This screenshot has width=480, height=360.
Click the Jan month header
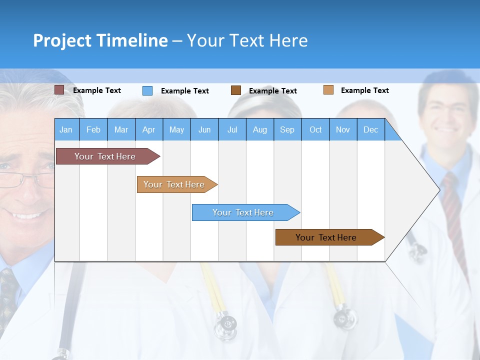tap(66, 129)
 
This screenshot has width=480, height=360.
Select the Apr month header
tap(148, 129)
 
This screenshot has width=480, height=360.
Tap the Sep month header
tap(287, 129)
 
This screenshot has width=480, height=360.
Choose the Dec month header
tap(370, 129)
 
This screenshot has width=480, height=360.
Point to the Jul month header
tap(232, 129)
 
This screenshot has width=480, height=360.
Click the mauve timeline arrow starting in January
tap(105, 156)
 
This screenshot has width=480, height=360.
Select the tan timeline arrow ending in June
tap(174, 184)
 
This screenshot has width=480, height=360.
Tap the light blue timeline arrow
tap(243, 212)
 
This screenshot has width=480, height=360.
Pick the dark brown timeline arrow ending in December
tap(326, 237)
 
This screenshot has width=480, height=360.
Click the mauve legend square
tap(59, 90)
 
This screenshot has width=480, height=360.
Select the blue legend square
tap(147, 90)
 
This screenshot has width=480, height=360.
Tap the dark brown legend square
tap(235, 90)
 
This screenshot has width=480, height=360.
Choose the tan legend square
tap(328, 90)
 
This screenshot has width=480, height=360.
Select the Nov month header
tap(342, 129)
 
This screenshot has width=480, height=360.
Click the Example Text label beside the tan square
tap(364, 90)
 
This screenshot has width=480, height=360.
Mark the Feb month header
tap(93, 129)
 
